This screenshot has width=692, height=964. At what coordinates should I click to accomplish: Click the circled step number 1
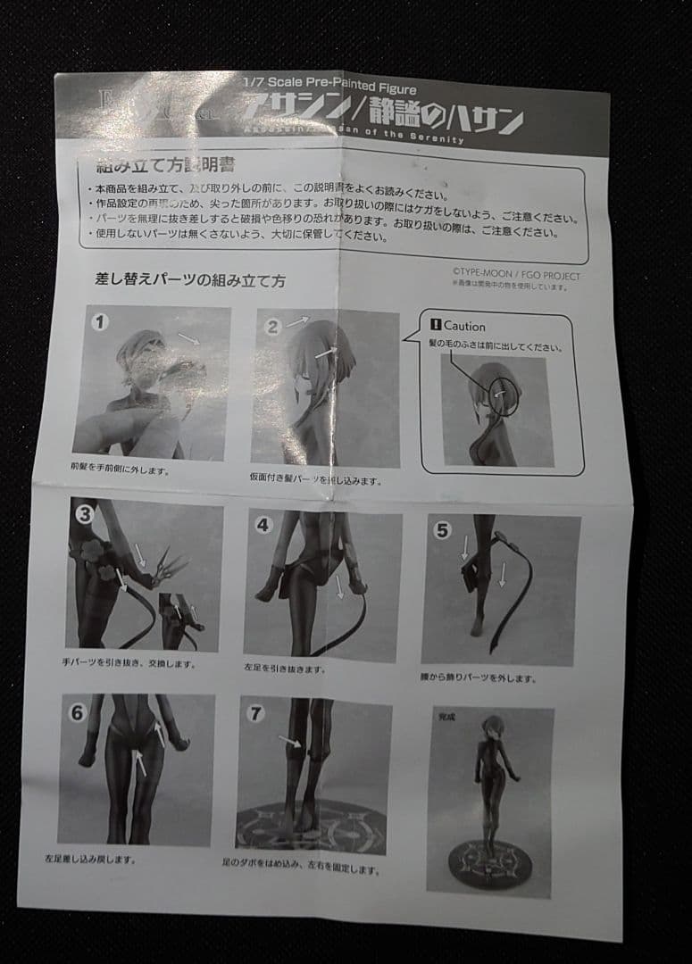[x=99, y=322]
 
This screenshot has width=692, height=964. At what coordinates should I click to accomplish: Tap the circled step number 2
[x=273, y=326]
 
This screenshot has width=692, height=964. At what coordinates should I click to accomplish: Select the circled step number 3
[x=85, y=514]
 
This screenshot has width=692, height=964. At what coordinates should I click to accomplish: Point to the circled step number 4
[x=263, y=525]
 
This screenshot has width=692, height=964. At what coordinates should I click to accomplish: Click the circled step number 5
[x=442, y=529]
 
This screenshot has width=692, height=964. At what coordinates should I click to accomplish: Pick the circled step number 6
[x=77, y=712]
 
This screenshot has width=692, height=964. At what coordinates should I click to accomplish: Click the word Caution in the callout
[x=463, y=327]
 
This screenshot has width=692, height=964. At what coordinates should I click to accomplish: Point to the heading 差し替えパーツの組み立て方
[x=190, y=279]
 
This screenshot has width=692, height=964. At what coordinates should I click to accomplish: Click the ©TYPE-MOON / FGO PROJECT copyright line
[x=515, y=275]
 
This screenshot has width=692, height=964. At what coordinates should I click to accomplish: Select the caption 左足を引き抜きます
[x=285, y=669]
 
